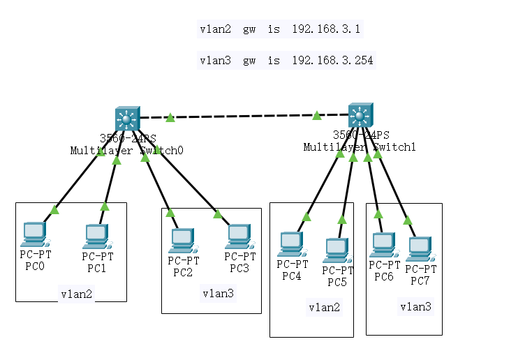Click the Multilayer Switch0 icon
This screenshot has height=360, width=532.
coord(127,119)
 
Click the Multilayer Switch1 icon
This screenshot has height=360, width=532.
coord(360,115)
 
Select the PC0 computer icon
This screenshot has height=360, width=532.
coord(34,235)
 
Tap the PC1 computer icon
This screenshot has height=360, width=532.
coord(96,237)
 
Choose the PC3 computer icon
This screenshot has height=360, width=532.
coord(238,237)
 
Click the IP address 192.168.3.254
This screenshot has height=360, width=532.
coord(332,61)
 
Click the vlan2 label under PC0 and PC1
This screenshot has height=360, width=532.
coord(76,294)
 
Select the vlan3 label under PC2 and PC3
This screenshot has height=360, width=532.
coord(218,293)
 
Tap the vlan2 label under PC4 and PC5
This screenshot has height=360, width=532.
coord(325,307)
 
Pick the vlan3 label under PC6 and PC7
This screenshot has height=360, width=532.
coord(415,306)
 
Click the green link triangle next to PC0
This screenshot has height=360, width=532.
coord(54,209)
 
